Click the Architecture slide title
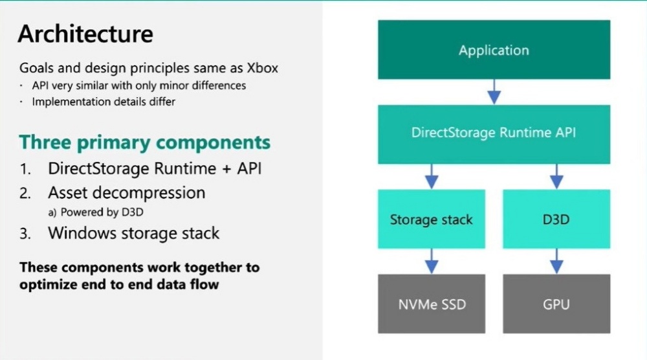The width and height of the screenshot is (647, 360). pyautogui.click(x=85, y=34)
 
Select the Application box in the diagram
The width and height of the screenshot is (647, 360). pyautogui.click(x=494, y=51)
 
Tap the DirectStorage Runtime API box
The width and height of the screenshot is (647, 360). pyautogui.click(x=494, y=133)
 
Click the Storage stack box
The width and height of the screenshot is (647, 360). pyautogui.click(x=431, y=219)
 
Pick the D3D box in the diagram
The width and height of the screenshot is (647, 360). pyautogui.click(x=556, y=219)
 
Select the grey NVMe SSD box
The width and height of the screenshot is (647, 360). pyautogui.click(x=431, y=304)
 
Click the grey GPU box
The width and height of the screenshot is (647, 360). pyautogui.click(x=556, y=304)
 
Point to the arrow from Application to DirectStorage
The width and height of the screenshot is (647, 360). pyautogui.click(x=494, y=91)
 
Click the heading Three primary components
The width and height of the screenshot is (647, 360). pyautogui.click(x=144, y=142)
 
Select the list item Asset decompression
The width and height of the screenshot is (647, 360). pyautogui.click(x=126, y=192)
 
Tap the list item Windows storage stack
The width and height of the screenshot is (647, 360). pyautogui.click(x=133, y=233)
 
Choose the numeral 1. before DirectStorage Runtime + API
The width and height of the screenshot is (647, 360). pyautogui.click(x=25, y=169)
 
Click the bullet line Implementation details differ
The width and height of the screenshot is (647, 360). pyautogui.click(x=104, y=102)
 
